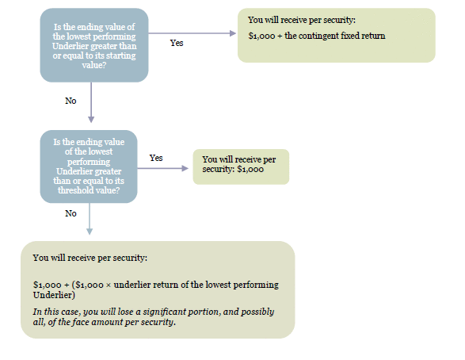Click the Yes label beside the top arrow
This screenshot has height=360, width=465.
click(177, 43)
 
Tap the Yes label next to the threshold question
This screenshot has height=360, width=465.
click(156, 158)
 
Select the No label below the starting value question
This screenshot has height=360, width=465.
click(71, 101)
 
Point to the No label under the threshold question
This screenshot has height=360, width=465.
click(71, 213)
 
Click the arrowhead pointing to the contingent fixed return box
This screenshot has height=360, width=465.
click(233, 33)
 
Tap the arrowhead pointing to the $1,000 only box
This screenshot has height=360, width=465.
click(185, 168)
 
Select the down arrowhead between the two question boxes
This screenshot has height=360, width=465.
click(91, 119)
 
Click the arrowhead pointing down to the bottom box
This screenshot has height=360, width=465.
click(90, 232)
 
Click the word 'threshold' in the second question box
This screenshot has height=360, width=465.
click(72, 190)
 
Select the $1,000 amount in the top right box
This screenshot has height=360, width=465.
click(262, 36)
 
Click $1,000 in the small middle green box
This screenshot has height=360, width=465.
click(250, 169)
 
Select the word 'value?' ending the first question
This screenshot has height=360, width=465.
click(94, 65)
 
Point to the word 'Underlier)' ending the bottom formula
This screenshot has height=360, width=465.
click(54, 295)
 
